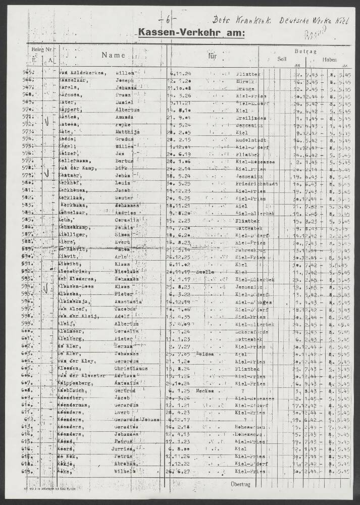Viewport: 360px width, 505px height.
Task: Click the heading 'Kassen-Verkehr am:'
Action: tap(191, 33)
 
